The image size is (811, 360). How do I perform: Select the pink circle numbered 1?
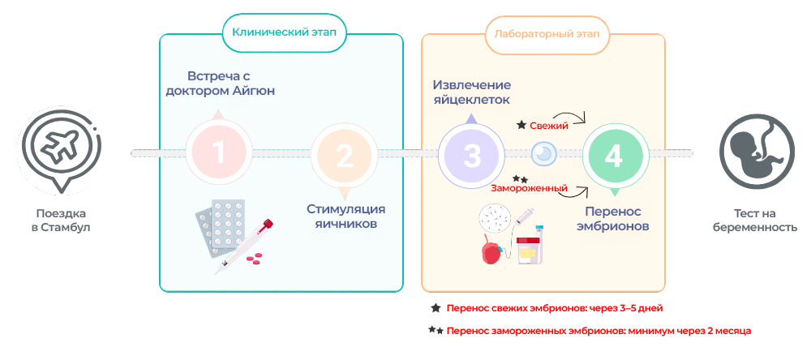[217, 152]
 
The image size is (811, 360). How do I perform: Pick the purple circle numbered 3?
[472, 155]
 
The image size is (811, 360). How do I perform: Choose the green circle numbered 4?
[613, 155]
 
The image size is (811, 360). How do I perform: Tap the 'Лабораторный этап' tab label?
[542, 33]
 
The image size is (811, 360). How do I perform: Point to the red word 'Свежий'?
[549, 126]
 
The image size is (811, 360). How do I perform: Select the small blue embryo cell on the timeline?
[543, 153]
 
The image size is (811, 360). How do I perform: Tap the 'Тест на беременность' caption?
[754, 221]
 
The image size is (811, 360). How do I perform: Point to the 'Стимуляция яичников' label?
[344, 216]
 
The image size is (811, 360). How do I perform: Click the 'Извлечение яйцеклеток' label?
[471, 92]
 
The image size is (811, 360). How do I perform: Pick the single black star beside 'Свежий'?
[521, 126]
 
